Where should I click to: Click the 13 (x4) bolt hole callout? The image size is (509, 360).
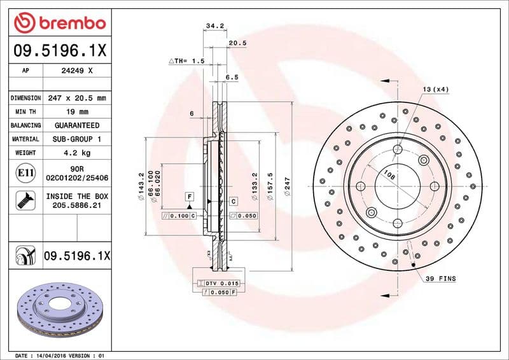[x=435, y=89]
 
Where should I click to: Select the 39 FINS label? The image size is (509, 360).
[x=441, y=279]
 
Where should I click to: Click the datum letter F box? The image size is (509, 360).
[x=189, y=196]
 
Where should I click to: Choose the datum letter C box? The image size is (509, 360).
[x=233, y=201]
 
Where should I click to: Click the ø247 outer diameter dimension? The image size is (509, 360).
[x=287, y=186]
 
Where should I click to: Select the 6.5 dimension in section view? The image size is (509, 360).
[x=232, y=77]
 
